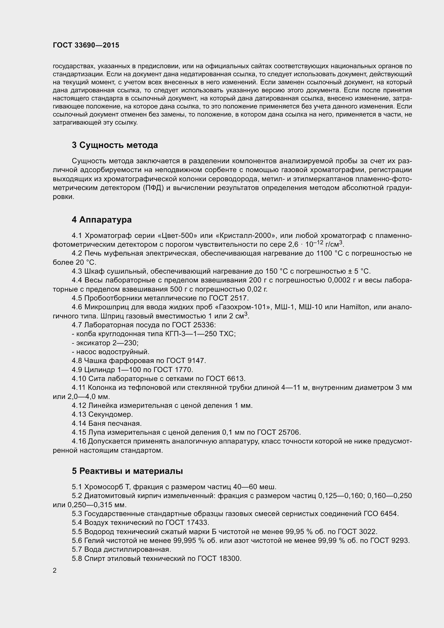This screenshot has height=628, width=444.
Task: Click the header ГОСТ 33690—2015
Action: click(x=86, y=45)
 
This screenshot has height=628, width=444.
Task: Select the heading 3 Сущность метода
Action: click(x=115, y=145)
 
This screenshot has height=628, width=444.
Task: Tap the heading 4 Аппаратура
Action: click(x=102, y=220)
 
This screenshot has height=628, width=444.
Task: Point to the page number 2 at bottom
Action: click(x=55, y=571)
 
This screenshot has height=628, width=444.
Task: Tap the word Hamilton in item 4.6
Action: click(x=354, y=307)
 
